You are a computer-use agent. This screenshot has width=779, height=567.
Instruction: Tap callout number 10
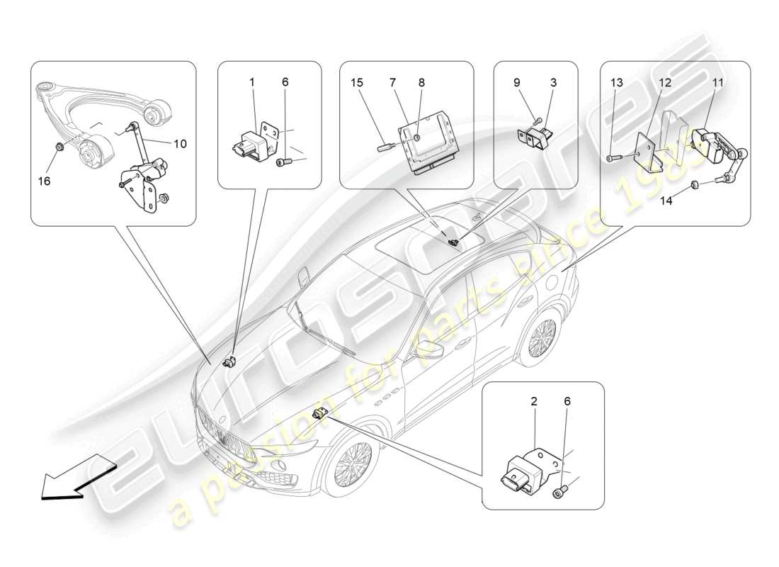180,145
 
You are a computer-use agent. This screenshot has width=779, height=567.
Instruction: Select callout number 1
251,82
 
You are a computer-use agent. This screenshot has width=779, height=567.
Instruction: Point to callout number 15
357,82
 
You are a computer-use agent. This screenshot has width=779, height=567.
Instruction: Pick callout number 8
421,82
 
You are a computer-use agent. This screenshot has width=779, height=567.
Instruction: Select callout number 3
553,82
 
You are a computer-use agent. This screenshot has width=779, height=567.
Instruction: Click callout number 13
618,83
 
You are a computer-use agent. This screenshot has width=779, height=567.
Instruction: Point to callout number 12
664,83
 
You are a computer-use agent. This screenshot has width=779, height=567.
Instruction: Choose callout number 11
718,83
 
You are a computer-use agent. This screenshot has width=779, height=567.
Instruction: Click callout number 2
534,401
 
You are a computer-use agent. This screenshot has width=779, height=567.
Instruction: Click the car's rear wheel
542,337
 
